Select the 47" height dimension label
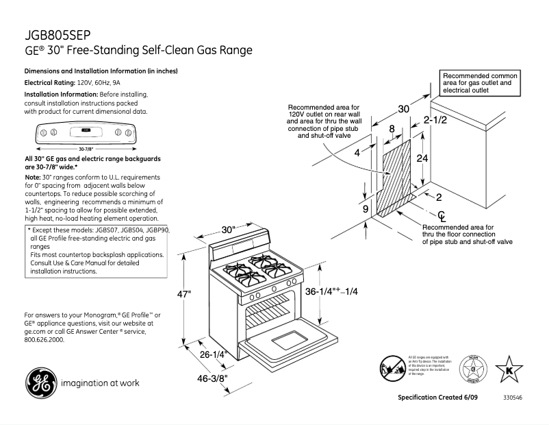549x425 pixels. click(x=184, y=294)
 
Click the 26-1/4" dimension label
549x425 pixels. click(x=214, y=355)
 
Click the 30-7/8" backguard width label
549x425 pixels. click(x=86, y=148)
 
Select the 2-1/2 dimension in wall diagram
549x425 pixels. click(x=435, y=120)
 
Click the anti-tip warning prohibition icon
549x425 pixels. click(x=392, y=368)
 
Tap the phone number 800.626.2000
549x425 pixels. click(x=44, y=339)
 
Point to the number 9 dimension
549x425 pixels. click(x=366, y=208)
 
